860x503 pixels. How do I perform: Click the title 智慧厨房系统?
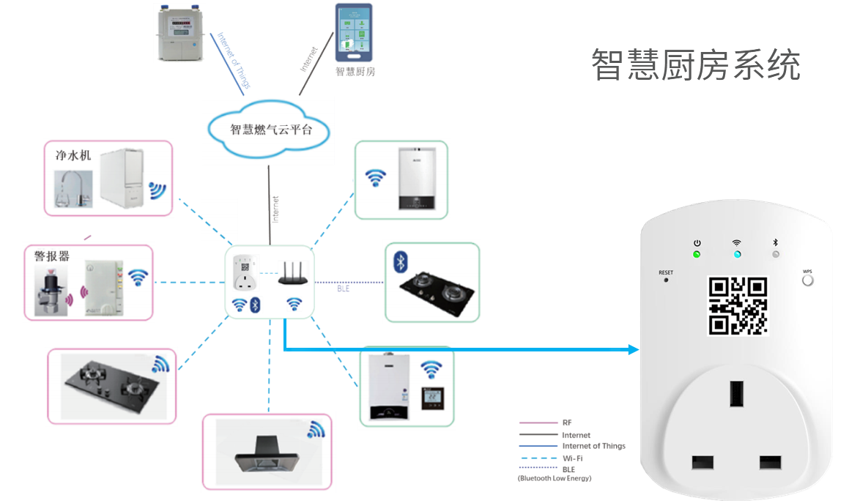pos(695,65)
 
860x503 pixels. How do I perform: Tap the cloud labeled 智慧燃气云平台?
pos(270,130)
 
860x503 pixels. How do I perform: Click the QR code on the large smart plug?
pos(738,305)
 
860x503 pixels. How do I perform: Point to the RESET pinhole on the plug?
pos(666,281)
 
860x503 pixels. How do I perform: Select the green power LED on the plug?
pos(697,255)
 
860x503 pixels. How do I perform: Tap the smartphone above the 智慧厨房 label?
pos(353,33)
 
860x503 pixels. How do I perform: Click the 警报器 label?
pos(51,256)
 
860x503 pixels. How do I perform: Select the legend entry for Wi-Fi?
pos(572,458)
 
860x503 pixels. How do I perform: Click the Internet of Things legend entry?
pos(593,446)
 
